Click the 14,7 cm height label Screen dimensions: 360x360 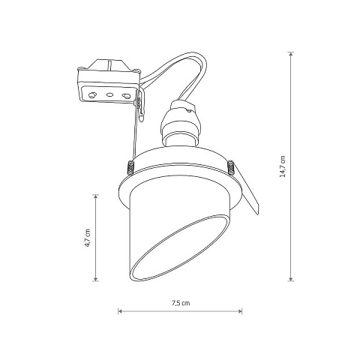pos(283,166)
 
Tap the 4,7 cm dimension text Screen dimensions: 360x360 pos(88,238)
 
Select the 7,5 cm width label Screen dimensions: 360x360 pos(181,303)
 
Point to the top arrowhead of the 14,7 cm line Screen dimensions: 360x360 pos(290,54)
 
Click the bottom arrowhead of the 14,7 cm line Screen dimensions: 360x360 pos(290,278)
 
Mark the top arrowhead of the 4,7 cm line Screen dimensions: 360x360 pos(95,197)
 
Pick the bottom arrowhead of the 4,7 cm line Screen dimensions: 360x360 pos(95,278)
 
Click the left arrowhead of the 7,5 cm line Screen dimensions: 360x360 pos(120,311)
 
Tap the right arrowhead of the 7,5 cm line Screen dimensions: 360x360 pos(240,311)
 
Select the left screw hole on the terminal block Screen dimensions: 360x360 pos(92,94)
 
